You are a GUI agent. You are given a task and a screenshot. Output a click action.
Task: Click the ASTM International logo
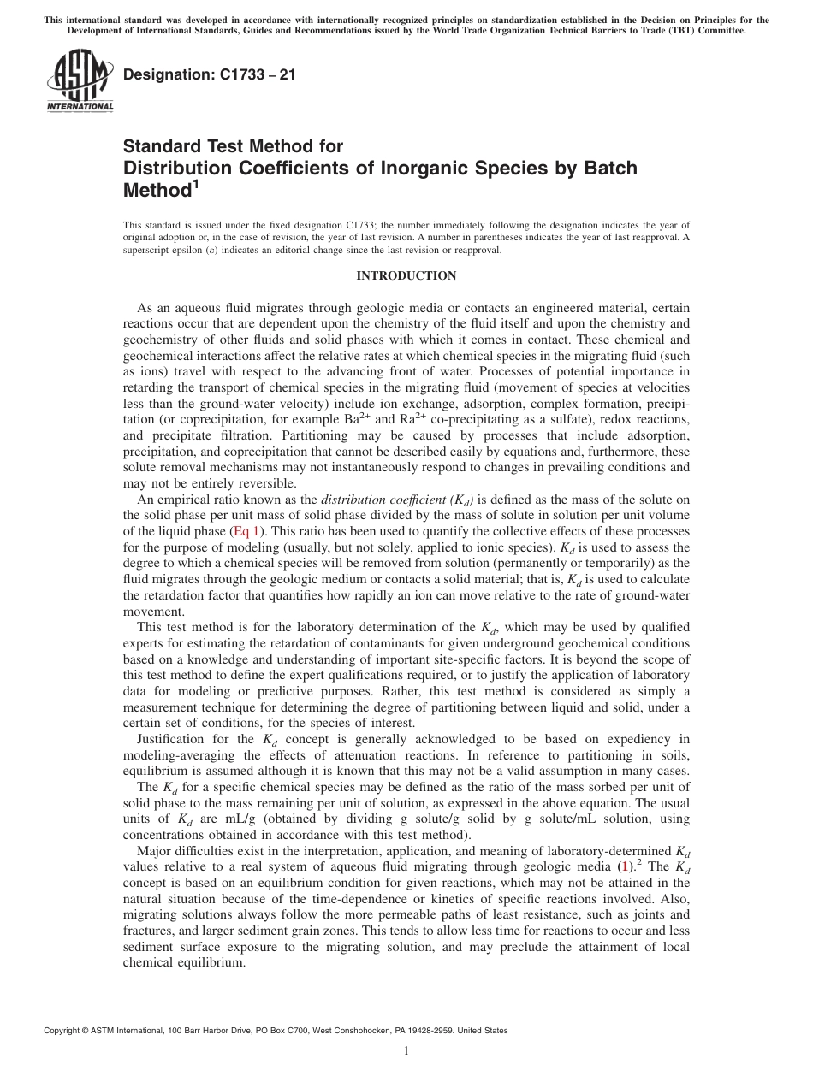pyautogui.click(x=80, y=80)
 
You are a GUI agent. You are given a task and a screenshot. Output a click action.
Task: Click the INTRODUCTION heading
pyautogui.click(x=406, y=275)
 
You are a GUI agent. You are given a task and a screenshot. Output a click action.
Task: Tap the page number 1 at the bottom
pyautogui.click(x=406, y=1052)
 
